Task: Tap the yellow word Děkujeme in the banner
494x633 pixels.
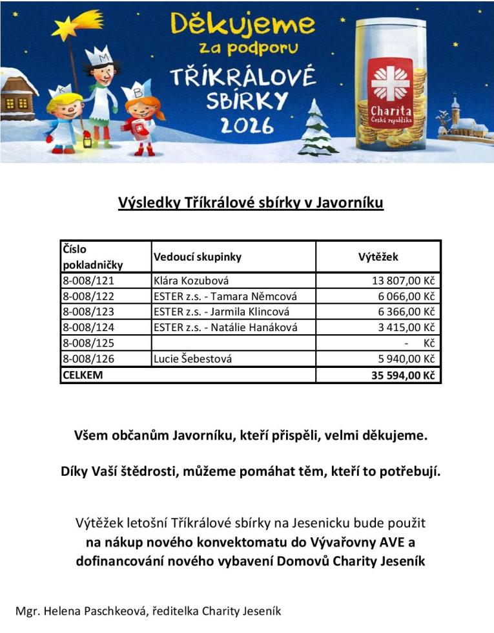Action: tap(243, 25)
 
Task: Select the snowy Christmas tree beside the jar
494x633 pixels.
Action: tap(317, 129)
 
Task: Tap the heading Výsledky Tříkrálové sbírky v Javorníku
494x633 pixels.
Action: tap(251, 203)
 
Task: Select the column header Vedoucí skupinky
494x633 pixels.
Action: tap(198, 257)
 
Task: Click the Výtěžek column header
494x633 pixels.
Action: tap(378, 257)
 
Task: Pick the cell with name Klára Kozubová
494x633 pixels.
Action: tap(192, 281)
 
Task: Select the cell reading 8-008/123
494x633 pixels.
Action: tap(88, 312)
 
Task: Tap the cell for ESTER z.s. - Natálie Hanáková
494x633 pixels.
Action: tap(226, 327)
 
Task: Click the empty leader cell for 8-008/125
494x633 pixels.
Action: tap(233, 343)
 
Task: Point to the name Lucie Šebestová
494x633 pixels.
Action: tap(193, 359)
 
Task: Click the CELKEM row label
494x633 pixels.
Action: tap(83, 374)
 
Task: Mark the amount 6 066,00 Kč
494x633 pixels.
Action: tap(406, 296)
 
